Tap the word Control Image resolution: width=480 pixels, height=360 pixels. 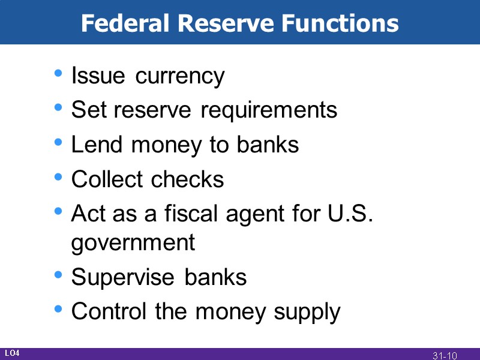click(x=110, y=312)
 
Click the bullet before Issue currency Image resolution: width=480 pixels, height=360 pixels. click(x=58, y=74)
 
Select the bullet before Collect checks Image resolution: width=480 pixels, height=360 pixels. click(x=58, y=177)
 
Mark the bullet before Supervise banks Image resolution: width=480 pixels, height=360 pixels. click(x=58, y=275)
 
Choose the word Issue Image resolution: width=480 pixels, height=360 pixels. click(x=98, y=77)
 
